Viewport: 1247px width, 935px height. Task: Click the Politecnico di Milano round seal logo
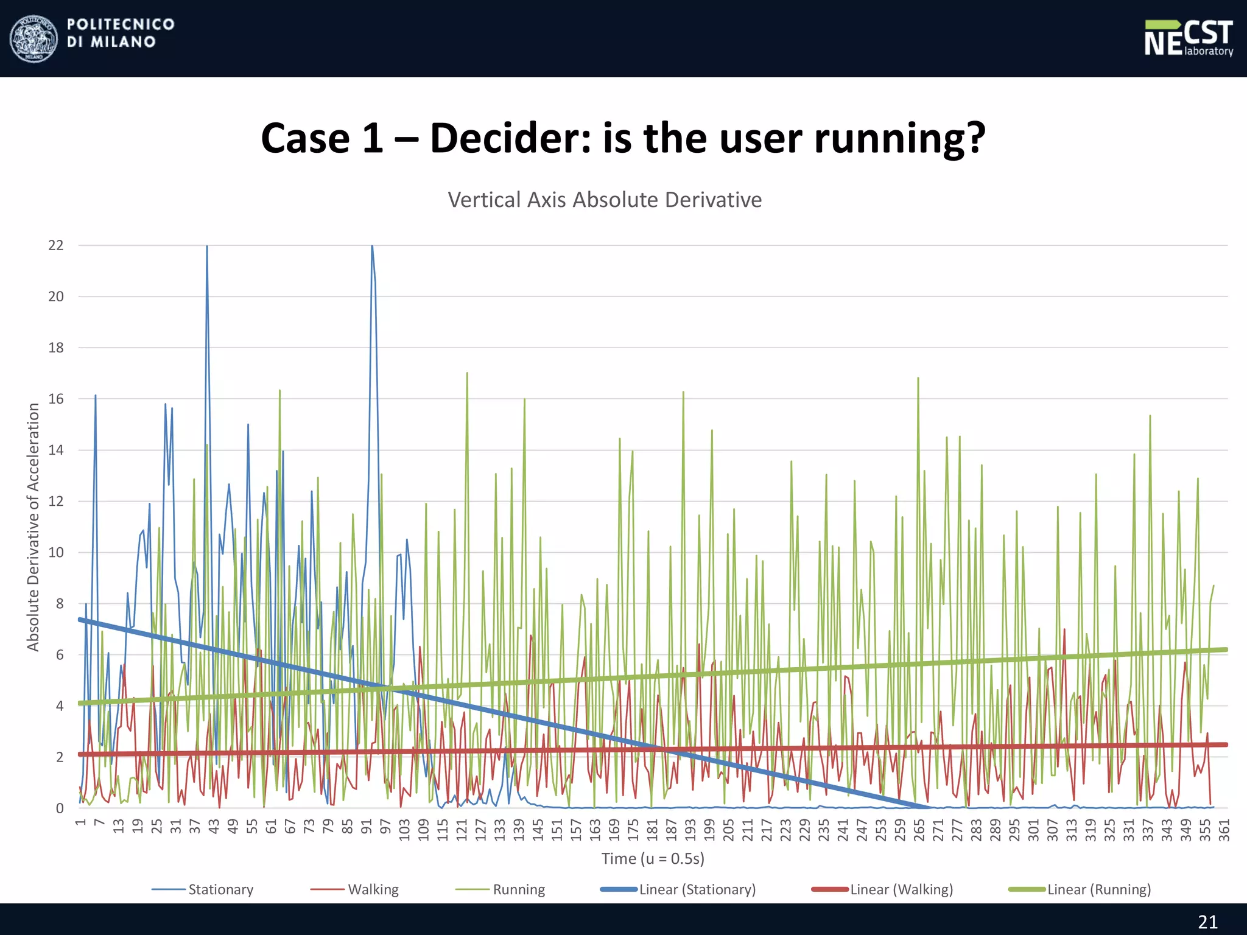pyautogui.click(x=34, y=38)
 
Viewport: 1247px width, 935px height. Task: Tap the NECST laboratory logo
pyautogui.click(x=1188, y=38)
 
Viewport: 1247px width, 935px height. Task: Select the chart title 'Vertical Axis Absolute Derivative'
pyautogui.click(x=605, y=200)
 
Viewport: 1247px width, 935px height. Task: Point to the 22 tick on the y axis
pyautogui.click(x=56, y=245)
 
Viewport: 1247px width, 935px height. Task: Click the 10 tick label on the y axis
pyautogui.click(x=56, y=553)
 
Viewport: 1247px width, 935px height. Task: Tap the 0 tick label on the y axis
pyautogui.click(x=60, y=808)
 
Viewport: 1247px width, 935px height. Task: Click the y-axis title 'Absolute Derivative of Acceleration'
pyautogui.click(x=33, y=527)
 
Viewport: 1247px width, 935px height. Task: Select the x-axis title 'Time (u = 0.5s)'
pyautogui.click(x=653, y=858)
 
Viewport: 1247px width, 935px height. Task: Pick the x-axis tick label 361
pyautogui.click(x=1224, y=830)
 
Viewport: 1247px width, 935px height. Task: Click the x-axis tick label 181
pyautogui.click(x=652, y=830)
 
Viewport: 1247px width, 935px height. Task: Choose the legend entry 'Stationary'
pyautogui.click(x=220, y=889)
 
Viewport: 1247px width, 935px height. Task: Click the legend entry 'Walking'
pyautogui.click(x=373, y=889)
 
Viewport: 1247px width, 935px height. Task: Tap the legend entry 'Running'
pyautogui.click(x=519, y=889)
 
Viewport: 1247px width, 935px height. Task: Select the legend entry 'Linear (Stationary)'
pyautogui.click(x=697, y=889)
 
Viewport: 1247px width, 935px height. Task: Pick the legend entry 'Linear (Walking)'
pyautogui.click(x=901, y=889)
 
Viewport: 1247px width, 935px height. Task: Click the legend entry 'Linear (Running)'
pyautogui.click(x=1099, y=889)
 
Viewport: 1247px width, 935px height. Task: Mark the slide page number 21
pyautogui.click(x=1207, y=922)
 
